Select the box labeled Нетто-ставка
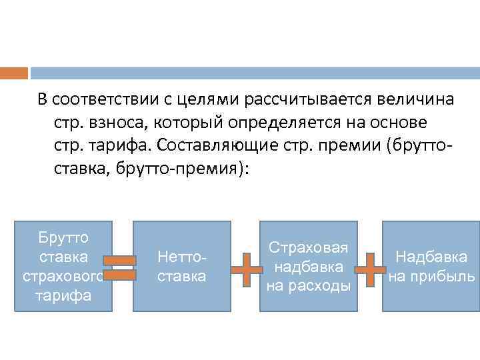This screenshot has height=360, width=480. pos(182,266)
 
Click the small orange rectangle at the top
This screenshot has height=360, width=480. pos(14,73)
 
